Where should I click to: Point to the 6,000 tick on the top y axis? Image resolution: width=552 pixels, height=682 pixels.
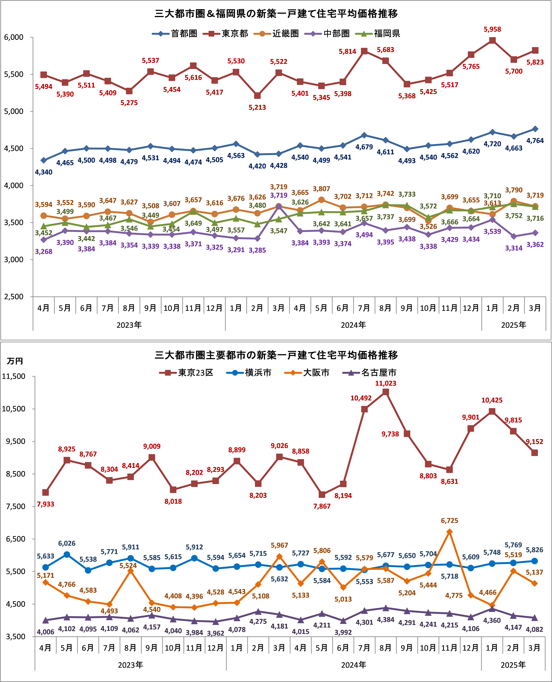(14, 37)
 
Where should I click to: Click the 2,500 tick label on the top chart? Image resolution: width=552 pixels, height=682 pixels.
(14, 297)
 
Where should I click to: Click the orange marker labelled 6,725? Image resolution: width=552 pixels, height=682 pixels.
(449, 532)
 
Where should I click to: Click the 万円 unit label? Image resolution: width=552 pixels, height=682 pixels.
(15, 361)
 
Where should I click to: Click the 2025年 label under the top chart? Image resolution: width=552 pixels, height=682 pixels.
(514, 325)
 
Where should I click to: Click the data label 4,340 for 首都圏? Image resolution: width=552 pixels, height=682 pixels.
(44, 172)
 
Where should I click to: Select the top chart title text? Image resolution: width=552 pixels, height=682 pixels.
(276, 14)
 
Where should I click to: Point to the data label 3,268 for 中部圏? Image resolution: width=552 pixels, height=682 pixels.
(44, 252)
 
